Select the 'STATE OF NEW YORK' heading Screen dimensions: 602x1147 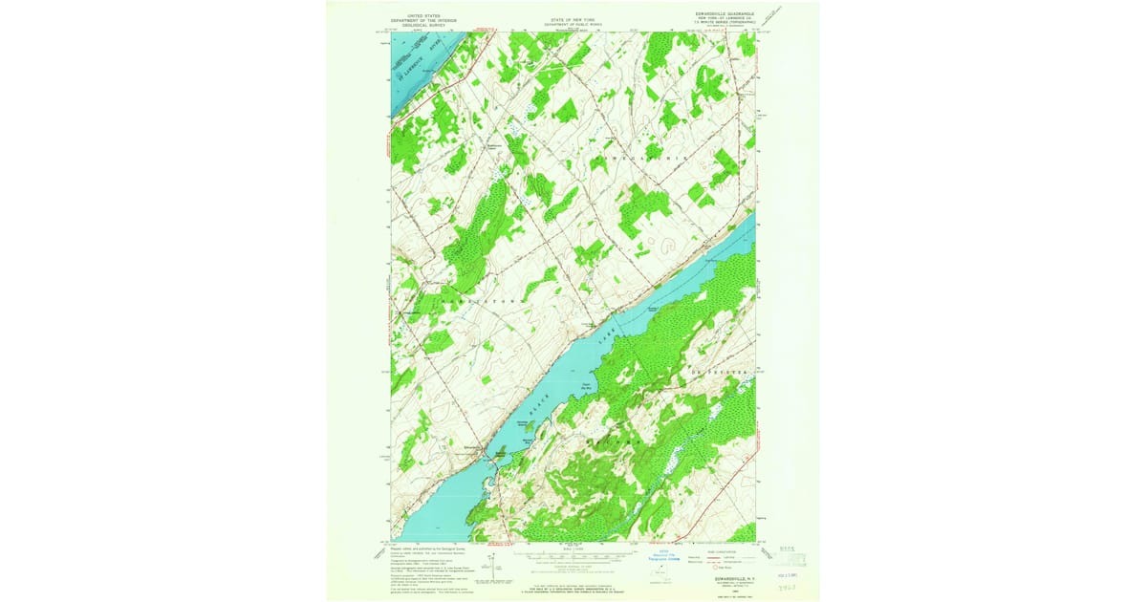[x=573, y=18]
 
